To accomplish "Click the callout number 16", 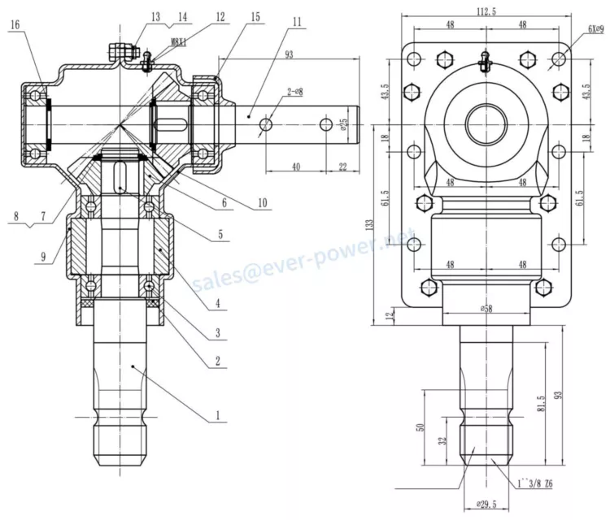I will point(15,25).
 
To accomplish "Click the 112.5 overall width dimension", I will point(487,11).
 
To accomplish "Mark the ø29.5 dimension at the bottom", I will point(487,505).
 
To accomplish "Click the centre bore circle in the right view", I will point(487,125).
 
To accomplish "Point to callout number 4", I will point(217,305).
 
